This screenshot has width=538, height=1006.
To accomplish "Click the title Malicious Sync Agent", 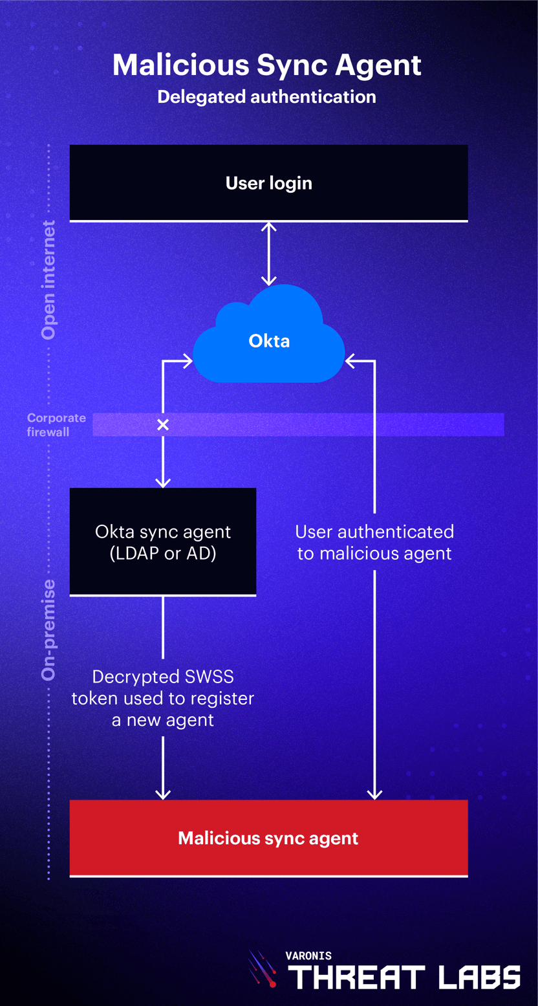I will click(x=267, y=65).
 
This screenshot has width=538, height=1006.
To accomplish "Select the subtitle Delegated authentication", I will click(x=266, y=97).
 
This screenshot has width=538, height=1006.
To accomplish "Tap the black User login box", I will click(x=268, y=183).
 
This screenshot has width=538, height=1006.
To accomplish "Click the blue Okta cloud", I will click(x=269, y=340).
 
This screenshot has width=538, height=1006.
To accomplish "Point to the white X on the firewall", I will click(x=163, y=424).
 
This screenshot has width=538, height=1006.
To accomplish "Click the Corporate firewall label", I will click(x=56, y=424).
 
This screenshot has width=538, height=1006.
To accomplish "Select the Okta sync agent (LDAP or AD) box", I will click(x=163, y=541).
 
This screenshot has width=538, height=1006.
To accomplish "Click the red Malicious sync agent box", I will click(x=268, y=838).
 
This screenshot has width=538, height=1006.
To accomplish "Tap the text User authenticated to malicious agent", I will click(x=374, y=542).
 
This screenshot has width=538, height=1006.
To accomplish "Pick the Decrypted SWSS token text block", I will click(x=163, y=699).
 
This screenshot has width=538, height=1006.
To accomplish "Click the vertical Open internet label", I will click(x=48, y=279).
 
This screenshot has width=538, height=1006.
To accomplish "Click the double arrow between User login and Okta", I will click(x=268, y=254).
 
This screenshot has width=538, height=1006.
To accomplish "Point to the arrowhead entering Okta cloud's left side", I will click(x=187, y=361).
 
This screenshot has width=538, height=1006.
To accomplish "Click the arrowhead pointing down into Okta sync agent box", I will click(x=163, y=482).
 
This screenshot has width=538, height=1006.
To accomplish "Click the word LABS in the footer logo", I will click(x=479, y=977).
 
